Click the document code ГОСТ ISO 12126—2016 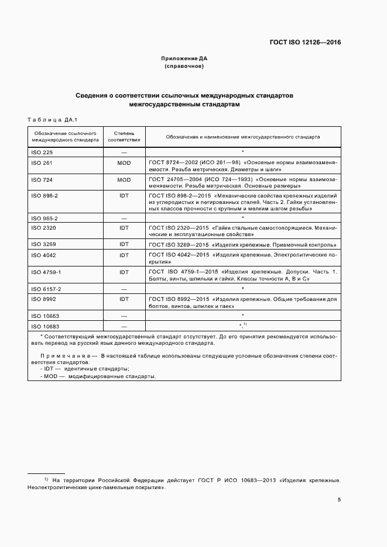[304, 42]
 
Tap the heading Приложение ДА [184, 58]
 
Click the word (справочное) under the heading [184, 67]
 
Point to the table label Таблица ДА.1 [53, 119]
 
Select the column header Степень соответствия [124, 137]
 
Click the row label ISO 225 [40, 151]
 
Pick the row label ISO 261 [40, 163]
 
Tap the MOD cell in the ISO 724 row [124, 179]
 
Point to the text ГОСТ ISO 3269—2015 [174, 244]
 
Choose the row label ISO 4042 [42, 255]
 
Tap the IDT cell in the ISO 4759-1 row [124, 272]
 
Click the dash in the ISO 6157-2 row [124, 289]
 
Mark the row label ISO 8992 [42, 299]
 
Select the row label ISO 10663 [44, 316]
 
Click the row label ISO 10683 [44, 326]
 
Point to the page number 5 [340, 499]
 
